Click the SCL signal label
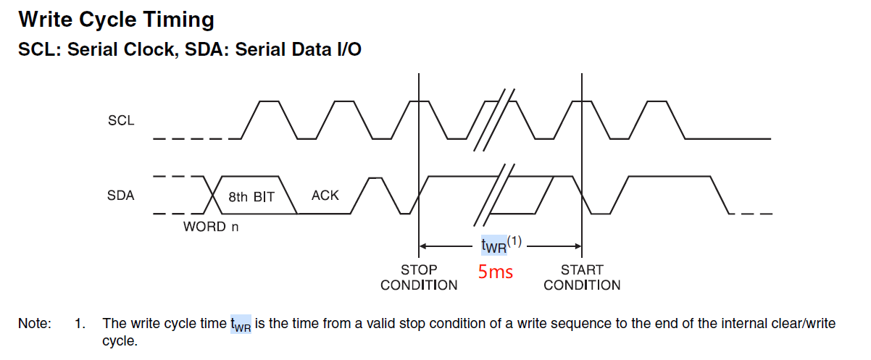121,121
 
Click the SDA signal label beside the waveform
121,196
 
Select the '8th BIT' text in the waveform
251,196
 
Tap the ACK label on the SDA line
325,196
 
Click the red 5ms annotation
496,272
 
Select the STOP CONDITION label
419,277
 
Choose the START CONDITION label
582,277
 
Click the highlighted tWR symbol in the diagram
494,246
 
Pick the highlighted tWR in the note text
241,325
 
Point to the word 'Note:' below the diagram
35,324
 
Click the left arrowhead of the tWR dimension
423,246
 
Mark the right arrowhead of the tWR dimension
578,246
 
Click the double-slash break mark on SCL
494,120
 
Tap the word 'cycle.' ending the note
119,340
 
